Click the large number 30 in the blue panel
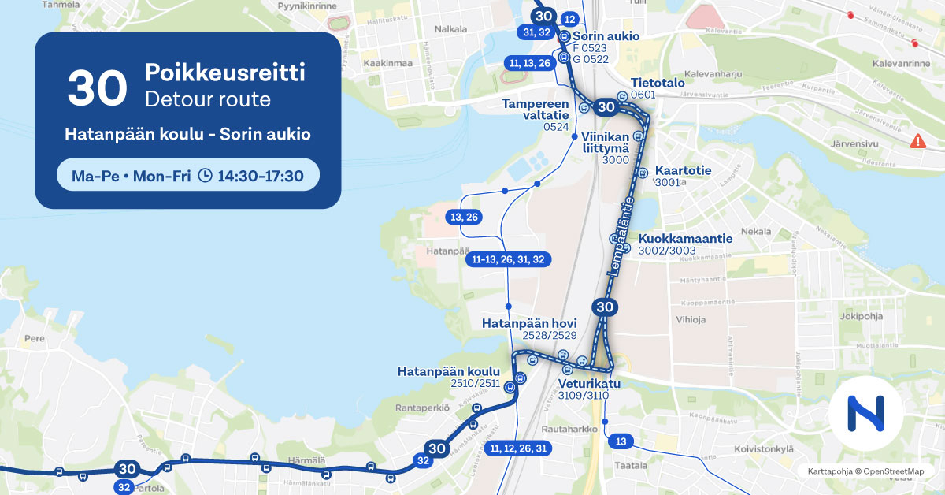[x=97, y=87]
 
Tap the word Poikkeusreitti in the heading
[x=224, y=73]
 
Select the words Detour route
[x=207, y=99]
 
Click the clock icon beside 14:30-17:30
[x=205, y=176]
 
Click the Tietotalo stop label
[x=658, y=83]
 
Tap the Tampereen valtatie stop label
[x=535, y=110]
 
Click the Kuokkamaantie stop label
[x=685, y=238]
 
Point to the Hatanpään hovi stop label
[x=529, y=323]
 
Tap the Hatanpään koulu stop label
[x=449, y=371]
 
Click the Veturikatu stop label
[x=589, y=384]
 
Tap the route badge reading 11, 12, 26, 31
[x=518, y=448]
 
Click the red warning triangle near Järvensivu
[x=917, y=141]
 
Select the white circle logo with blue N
[x=865, y=413]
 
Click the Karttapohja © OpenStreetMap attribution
[x=865, y=471]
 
